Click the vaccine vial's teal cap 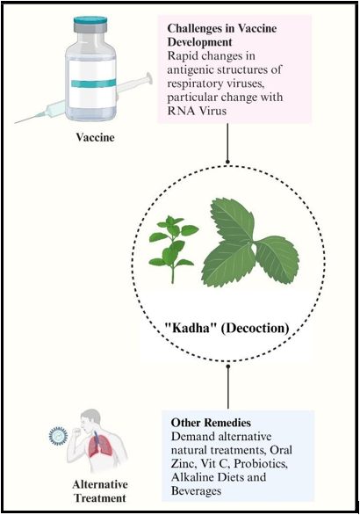90,21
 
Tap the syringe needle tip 15,123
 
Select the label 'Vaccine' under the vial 96,137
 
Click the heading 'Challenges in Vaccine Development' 222,35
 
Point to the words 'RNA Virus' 197,111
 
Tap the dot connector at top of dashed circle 227,162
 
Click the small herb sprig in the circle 174,249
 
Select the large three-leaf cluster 250,243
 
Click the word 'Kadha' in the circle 187,328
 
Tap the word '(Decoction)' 255,328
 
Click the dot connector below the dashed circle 228,365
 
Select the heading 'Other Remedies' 211,423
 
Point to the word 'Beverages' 197,491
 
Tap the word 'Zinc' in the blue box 184,463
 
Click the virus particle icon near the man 58,436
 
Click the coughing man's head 91,419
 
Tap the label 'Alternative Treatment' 100,491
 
